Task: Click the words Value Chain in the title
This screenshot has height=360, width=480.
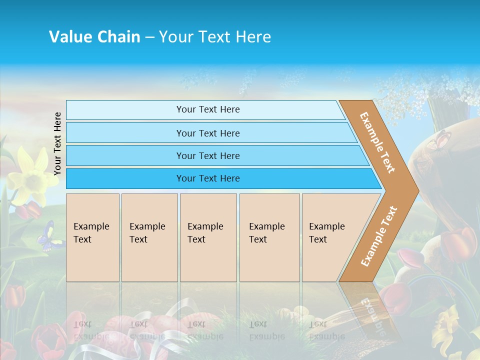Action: (x=94, y=37)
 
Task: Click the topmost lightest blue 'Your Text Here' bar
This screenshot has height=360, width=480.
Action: (x=207, y=109)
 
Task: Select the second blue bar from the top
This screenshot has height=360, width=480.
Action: (x=207, y=133)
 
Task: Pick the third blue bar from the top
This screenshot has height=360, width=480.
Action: (x=207, y=155)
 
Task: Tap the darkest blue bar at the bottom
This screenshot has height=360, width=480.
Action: (x=207, y=178)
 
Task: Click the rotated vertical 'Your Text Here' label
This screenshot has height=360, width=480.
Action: (x=57, y=143)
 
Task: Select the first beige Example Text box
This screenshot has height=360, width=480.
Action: (x=92, y=237)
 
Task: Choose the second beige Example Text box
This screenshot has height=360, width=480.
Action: (x=149, y=237)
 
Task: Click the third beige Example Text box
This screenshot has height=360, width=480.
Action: (x=208, y=237)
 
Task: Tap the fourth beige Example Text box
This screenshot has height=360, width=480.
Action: (x=269, y=237)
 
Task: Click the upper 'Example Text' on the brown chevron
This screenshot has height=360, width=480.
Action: (x=377, y=142)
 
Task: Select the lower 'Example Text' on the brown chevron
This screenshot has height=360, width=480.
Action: (x=378, y=236)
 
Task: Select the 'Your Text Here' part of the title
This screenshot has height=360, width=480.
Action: (x=215, y=37)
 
